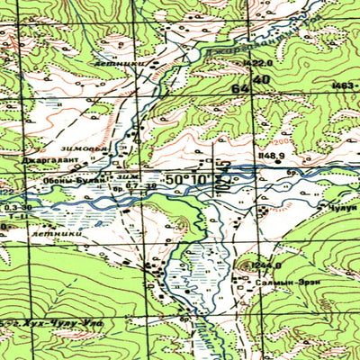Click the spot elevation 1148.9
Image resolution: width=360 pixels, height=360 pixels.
(x=269, y=156)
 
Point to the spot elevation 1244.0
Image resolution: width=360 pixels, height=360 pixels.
(x=267, y=265)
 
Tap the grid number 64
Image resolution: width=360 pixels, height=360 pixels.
(x=239, y=89)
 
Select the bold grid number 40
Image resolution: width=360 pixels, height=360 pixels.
(x=261, y=81)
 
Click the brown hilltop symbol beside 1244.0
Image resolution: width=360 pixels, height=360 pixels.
(x=249, y=265)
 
